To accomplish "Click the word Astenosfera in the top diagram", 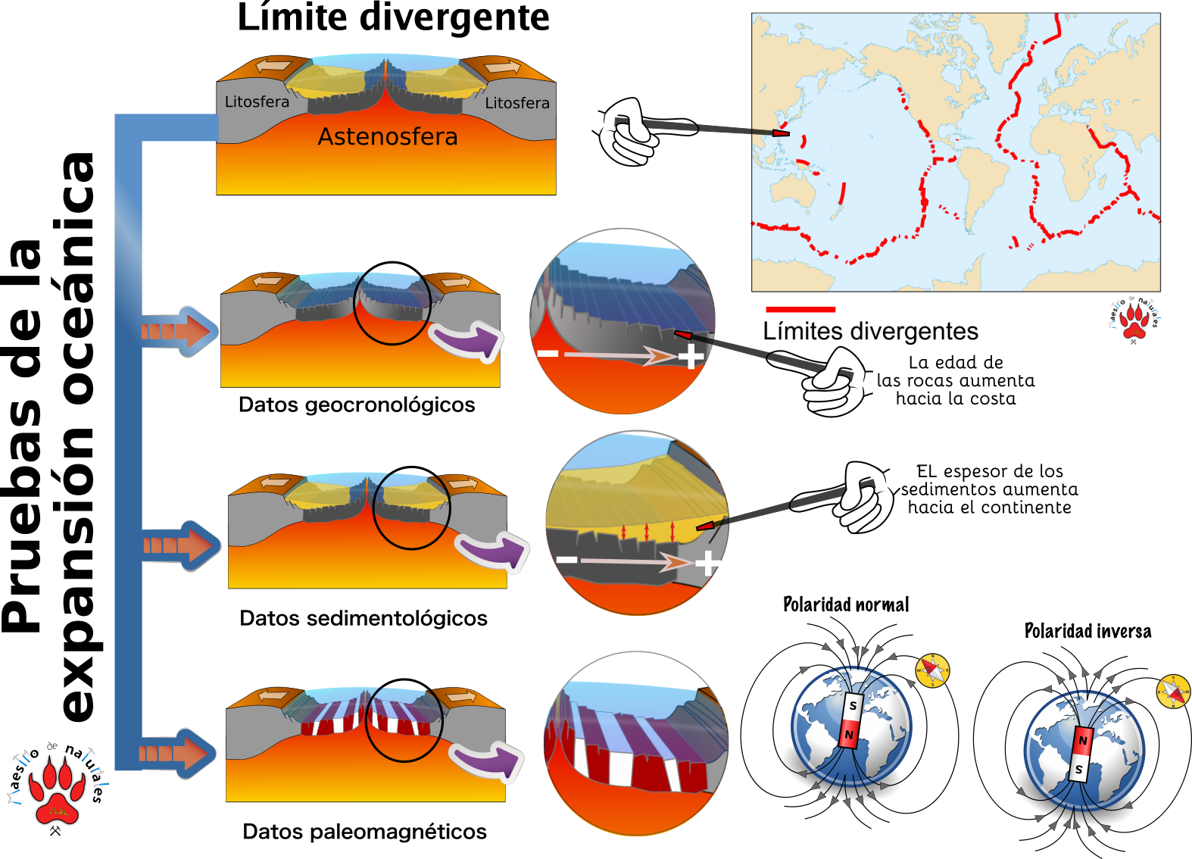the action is (x=387, y=137).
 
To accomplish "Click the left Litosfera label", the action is (x=257, y=102).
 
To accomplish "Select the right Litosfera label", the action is (x=517, y=103).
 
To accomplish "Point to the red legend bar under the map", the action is (x=800, y=309).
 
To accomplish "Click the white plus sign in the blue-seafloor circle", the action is (x=691, y=356).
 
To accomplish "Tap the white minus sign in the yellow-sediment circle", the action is (x=566, y=560).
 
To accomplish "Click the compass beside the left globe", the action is (x=932, y=670).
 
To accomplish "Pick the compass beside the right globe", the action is (x=1173, y=692).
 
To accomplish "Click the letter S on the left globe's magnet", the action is (x=853, y=706).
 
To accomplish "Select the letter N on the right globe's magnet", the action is (x=1083, y=741).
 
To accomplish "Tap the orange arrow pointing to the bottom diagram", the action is (x=179, y=754).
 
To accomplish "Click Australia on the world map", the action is (x=794, y=189).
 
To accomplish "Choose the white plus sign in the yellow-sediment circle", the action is (x=707, y=563).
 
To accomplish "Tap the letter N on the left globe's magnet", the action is (x=849, y=735).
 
